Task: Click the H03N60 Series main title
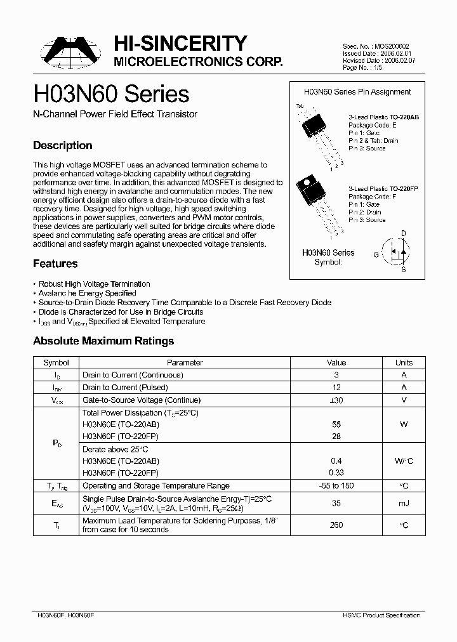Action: [x=111, y=94]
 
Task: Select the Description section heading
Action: [x=62, y=145]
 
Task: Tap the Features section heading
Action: [x=55, y=263]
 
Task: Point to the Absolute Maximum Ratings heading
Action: [x=103, y=341]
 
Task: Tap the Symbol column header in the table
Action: [x=56, y=363]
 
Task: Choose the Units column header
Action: [x=404, y=363]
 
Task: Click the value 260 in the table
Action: [x=336, y=525]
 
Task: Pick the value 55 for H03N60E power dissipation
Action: [x=336, y=424]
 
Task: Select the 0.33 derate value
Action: [x=336, y=473]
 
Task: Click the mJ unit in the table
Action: [x=404, y=503]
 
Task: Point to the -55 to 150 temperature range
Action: [x=336, y=485]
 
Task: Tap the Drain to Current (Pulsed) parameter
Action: [x=125, y=388]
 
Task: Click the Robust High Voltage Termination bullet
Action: [x=94, y=284]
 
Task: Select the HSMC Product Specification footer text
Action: [x=385, y=615]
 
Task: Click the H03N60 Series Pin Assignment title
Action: [x=357, y=92]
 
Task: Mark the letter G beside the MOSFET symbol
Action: [x=376, y=254]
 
